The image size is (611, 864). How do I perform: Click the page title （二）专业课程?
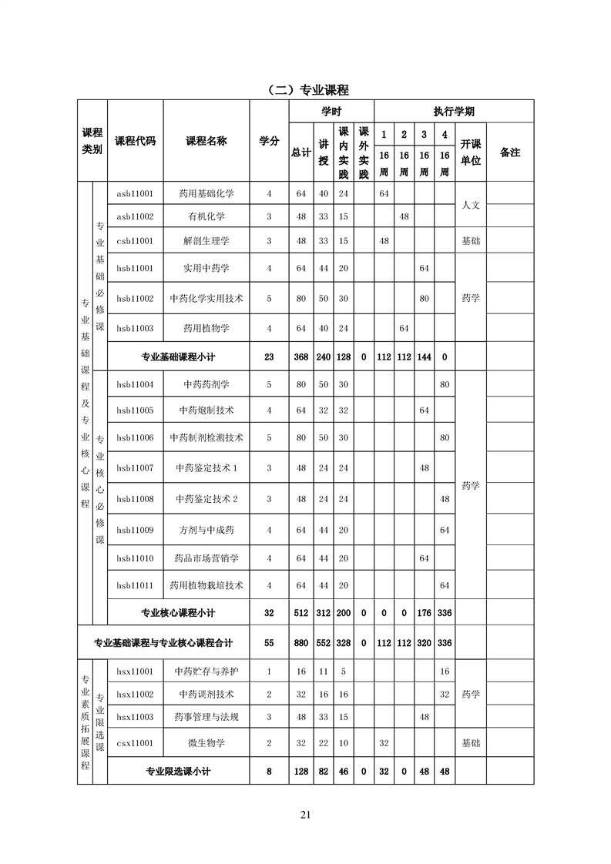click(x=305, y=90)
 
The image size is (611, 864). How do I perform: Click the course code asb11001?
click(x=135, y=193)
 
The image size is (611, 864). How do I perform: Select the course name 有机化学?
click(x=206, y=216)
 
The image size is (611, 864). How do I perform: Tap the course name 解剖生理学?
click(x=206, y=241)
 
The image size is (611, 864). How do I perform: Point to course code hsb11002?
click(x=135, y=298)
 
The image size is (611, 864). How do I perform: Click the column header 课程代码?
click(x=135, y=141)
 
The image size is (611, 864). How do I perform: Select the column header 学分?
click(x=269, y=141)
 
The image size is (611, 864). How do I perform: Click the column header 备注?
click(x=510, y=152)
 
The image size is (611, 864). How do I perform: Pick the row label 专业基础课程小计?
click(x=178, y=357)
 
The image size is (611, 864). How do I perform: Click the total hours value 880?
click(x=301, y=642)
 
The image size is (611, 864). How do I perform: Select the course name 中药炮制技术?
click(x=206, y=410)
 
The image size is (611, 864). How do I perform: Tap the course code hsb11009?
click(x=135, y=530)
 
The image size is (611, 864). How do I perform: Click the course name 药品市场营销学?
click(x=206, y=558)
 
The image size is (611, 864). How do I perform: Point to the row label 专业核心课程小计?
click(x=178, y=613)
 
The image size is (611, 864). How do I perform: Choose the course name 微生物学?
click(x=206, y=743)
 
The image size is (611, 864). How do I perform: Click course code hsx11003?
click(x=135, y=717)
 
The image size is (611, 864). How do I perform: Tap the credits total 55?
click(x=269, y=642)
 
